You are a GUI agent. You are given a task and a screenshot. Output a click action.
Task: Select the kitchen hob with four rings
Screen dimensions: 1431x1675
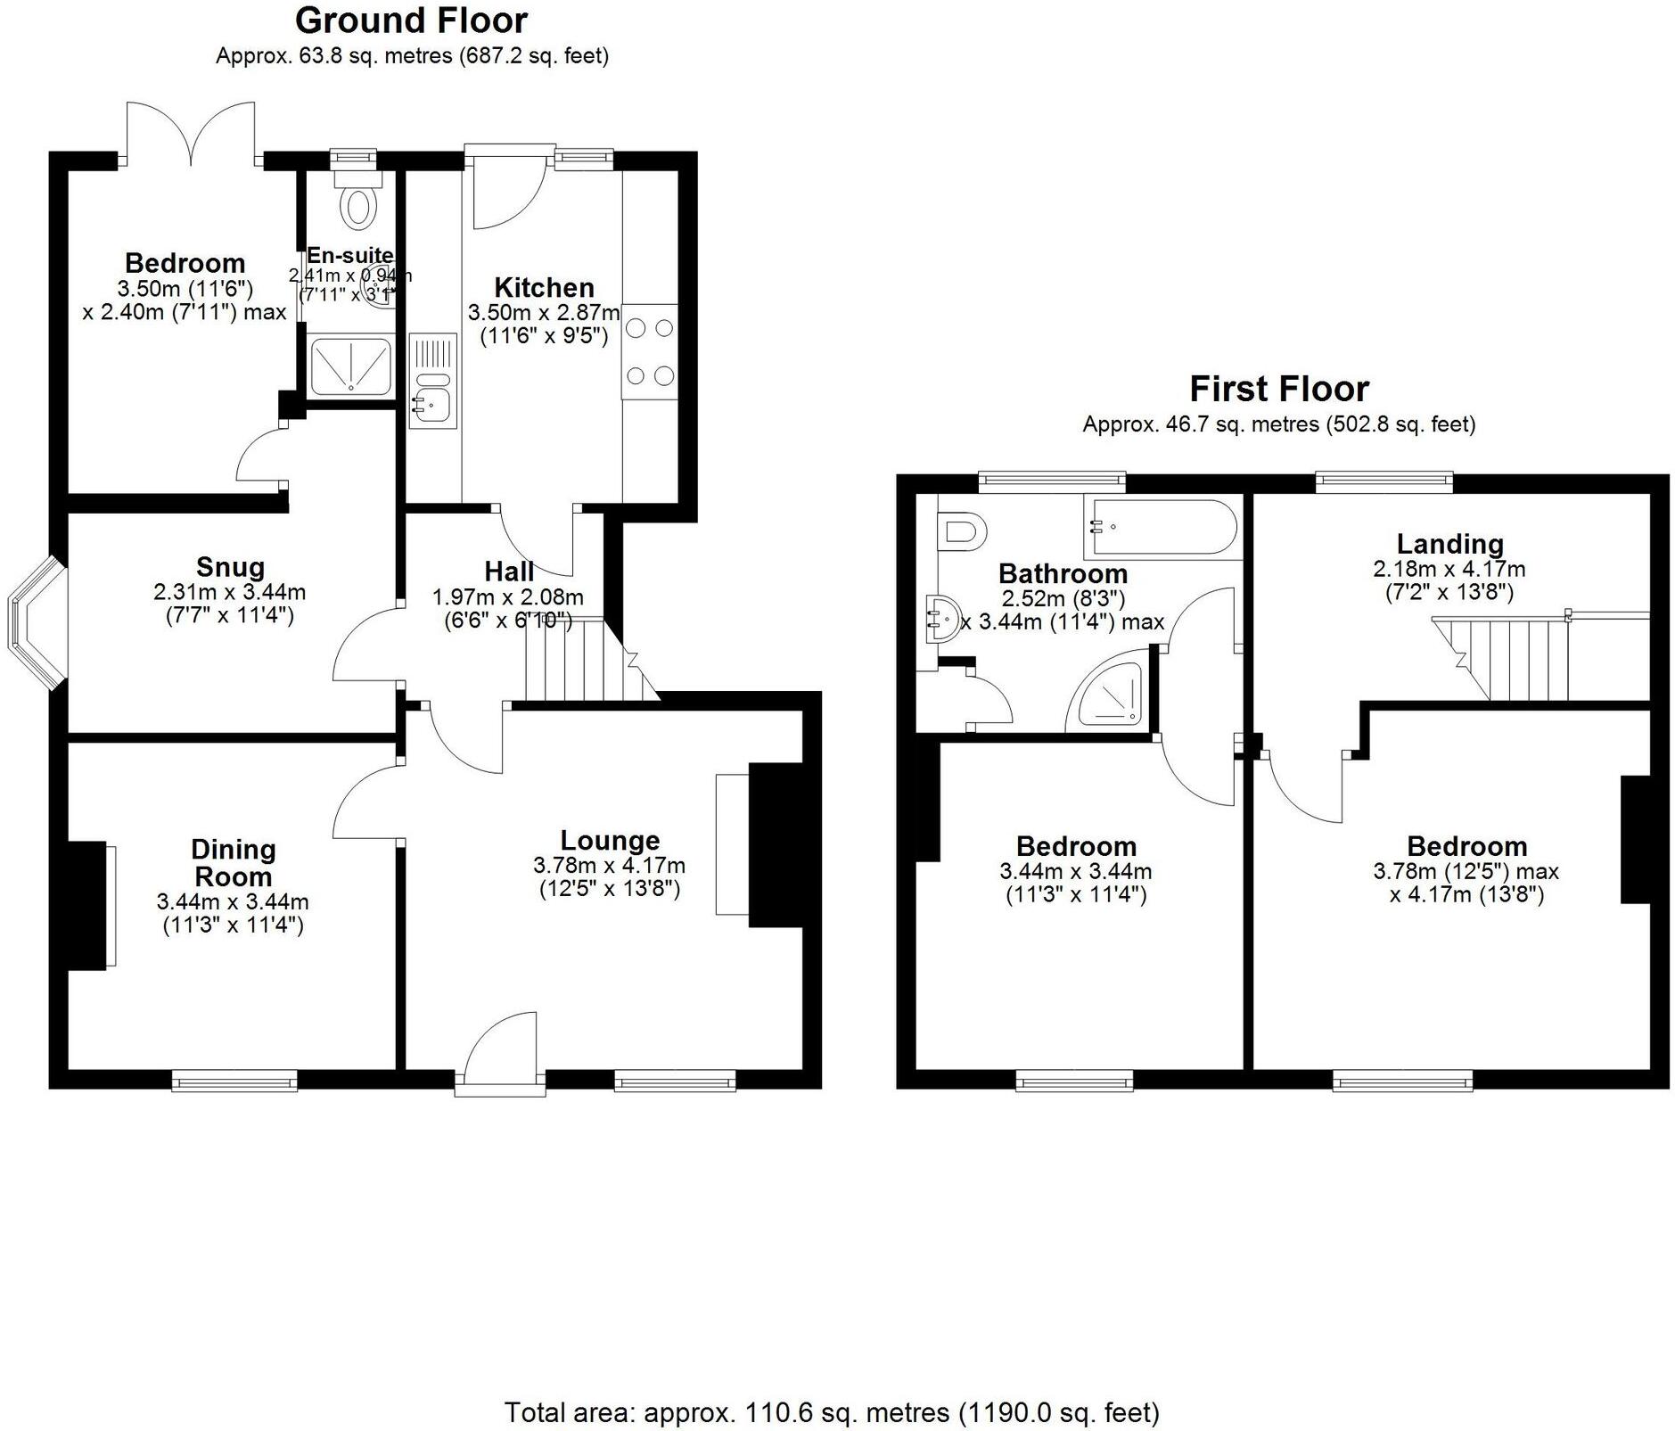[650, 352]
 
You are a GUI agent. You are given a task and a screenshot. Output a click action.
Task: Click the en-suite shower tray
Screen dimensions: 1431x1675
[350, 366]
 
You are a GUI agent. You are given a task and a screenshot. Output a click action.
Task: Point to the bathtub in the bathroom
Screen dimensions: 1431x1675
[1159, 528]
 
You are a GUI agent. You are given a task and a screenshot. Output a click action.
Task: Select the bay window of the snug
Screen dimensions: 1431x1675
[34, 623]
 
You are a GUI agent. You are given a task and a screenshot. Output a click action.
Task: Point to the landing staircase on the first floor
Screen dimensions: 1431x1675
[1507, 658]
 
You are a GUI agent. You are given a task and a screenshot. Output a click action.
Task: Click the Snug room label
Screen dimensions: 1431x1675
[230, 567]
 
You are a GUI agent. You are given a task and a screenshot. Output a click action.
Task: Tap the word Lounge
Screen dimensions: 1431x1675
[610, 840]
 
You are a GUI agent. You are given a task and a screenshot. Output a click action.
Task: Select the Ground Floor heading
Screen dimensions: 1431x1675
[411, 20]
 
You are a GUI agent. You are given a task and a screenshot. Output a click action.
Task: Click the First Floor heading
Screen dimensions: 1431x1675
[1278, 389]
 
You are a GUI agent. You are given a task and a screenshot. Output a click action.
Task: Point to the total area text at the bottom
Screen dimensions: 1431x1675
[832, 1412]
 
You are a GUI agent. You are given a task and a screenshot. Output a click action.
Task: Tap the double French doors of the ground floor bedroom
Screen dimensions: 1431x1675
[191, 134]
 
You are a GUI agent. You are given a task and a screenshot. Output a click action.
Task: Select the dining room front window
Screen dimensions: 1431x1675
[234, 1081]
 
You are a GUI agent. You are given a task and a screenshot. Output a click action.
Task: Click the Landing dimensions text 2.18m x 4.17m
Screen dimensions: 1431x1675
[1449, 569]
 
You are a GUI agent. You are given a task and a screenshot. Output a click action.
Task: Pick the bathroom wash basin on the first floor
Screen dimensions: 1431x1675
[941, 618]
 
